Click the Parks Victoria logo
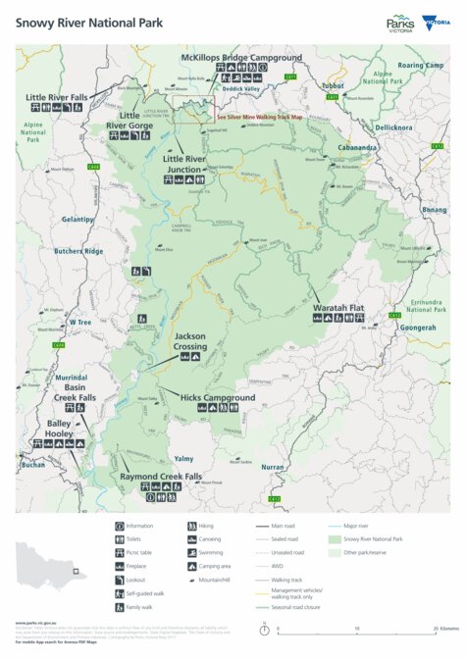400,24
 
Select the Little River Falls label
56,98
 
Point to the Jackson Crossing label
190,341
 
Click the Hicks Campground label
217,398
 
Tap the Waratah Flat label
337,308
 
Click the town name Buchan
33,464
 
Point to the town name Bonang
434,210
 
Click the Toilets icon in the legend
118,539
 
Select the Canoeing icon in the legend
190,539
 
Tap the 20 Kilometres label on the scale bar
447,629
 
